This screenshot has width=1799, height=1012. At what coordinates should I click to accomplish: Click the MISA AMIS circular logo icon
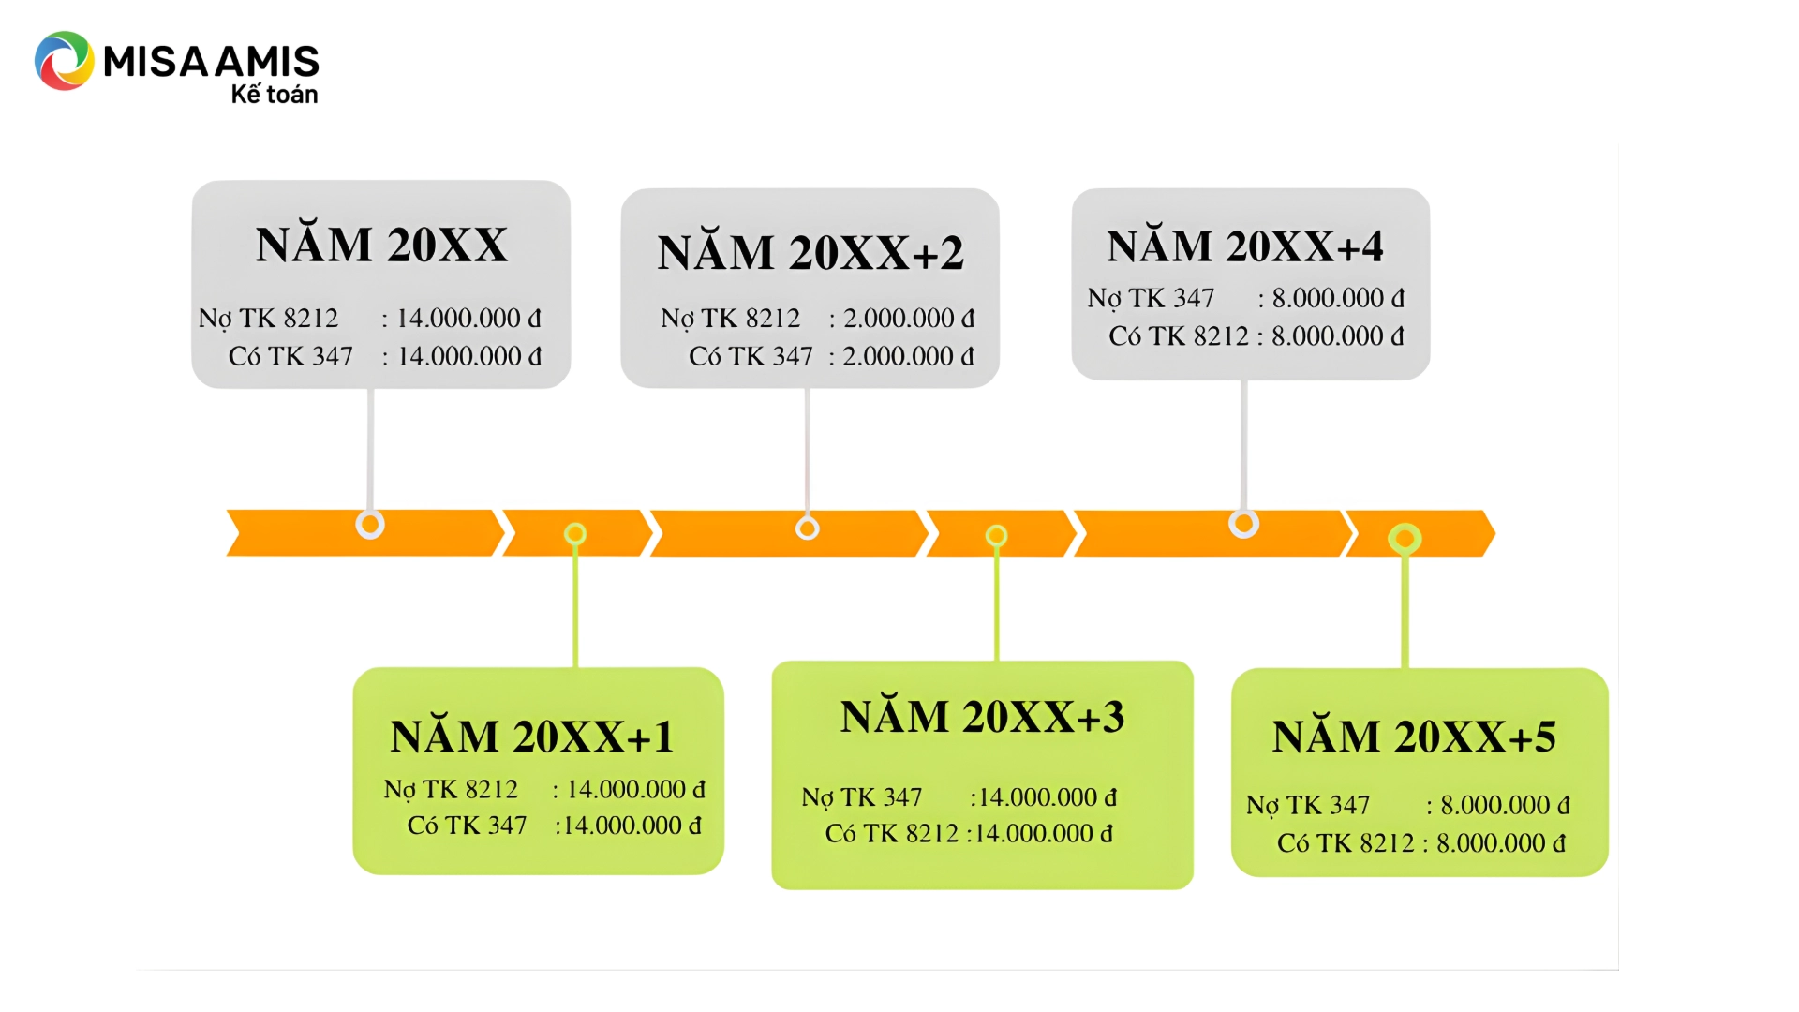point(64,61)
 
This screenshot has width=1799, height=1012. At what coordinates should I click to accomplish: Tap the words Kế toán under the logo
point(275,95)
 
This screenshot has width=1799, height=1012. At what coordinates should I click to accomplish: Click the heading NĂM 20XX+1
point(532,737)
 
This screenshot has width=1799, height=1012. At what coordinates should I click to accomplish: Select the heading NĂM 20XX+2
point(810,252)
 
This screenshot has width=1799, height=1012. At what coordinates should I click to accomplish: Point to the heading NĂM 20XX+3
point(982,717)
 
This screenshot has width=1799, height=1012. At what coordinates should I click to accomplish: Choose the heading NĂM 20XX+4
point(1244,246)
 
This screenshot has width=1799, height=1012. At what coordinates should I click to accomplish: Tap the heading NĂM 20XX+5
point(1414,737)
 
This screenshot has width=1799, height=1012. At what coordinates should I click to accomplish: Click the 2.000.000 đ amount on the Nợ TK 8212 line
point(908,319)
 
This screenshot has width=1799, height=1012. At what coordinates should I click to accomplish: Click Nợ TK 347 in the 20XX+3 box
point(862,797)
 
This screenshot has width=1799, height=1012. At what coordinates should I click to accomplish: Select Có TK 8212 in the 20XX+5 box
point(1346,843)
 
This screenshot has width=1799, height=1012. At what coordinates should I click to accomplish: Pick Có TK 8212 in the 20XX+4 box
point(1179,336)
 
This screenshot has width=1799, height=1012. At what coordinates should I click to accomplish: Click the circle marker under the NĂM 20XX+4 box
point(1243,524)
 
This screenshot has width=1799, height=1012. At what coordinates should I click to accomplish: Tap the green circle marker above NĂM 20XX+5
point(1405,539)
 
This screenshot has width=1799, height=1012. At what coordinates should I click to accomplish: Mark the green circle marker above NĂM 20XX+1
point(575,534)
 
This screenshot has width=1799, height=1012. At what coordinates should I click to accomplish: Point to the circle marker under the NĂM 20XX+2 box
point(807,528)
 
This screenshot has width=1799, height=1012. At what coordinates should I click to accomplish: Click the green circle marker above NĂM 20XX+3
point(996,536)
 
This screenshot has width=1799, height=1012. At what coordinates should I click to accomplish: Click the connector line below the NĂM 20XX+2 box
point(807,450)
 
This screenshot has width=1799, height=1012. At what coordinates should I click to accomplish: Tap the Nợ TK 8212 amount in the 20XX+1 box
point(635,790)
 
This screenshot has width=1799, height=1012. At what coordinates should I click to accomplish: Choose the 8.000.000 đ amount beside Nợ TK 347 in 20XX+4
point(1337,298)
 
